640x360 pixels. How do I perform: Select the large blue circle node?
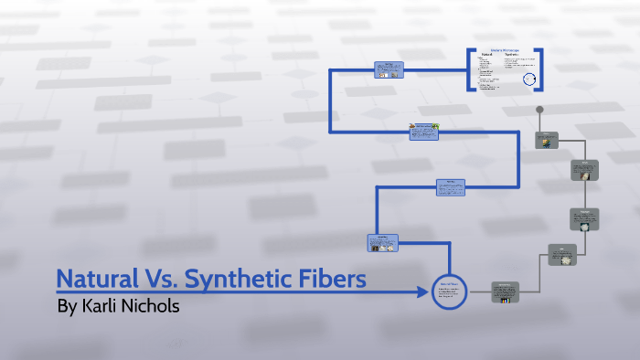tap(450, 292)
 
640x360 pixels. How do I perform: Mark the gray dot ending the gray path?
tap(540, 110)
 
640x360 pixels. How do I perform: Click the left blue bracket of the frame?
tap(472, 69)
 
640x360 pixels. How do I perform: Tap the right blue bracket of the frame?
tap(539, 69)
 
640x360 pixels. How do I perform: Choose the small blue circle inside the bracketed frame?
tap(528, 80)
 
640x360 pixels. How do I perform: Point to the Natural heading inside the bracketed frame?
tap(486, 55)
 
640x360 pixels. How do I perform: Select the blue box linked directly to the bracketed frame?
tap(389, 70)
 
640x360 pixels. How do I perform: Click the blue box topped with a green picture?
tap(423, 132)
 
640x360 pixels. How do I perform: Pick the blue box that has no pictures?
tap(450, 186)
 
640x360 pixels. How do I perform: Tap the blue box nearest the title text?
tap(382, 243)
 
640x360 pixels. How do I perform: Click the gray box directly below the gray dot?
tap(548, 140)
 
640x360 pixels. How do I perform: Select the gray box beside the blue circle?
tap(504, 291)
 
